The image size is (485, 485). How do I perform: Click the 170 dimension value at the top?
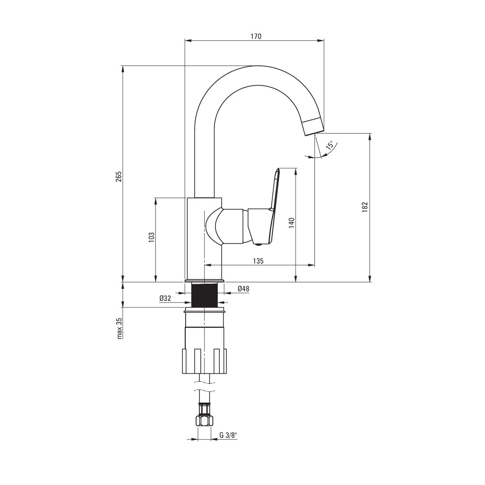(256, 36)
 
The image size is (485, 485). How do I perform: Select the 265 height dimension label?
(119, 176)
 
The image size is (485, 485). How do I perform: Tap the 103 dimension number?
(152, 237)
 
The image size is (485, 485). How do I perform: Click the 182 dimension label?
(365, 207)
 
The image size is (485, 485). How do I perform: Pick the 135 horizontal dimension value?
(258, 261)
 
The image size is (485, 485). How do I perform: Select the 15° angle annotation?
(329, 145)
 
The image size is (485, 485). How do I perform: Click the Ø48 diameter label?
(243, 289)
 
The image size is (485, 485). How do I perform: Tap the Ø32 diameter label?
(165, 298)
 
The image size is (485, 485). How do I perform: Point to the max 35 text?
(119, 328)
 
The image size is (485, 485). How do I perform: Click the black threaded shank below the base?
(204, 295)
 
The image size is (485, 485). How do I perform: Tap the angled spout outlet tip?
(313, 126)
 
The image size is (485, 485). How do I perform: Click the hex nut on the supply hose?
(204, 421)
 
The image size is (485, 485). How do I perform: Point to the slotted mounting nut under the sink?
(204, 361)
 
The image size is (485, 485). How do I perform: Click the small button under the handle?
(258, 244)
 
